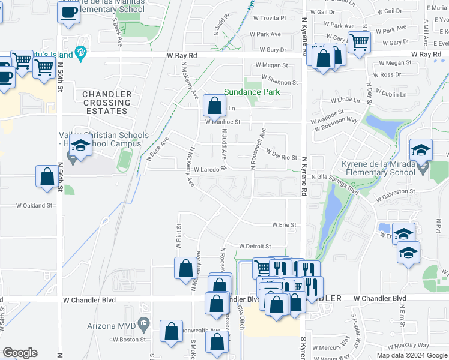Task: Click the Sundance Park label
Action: click(252, 92)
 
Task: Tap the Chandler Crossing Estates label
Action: click(106, 103)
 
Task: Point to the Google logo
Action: click(20, 353)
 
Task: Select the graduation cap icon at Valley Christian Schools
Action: click(79, 145)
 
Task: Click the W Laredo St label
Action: click(208, 169)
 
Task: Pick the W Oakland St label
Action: click(34, 205)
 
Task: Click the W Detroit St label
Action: click(255, 246)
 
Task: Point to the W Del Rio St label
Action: click(282, 156)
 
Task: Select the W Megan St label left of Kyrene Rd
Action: click(271, 65)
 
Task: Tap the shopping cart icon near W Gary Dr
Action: click(359, 42)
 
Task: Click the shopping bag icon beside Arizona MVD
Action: click(171, 331)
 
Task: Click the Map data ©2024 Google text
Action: click(411, 355)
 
